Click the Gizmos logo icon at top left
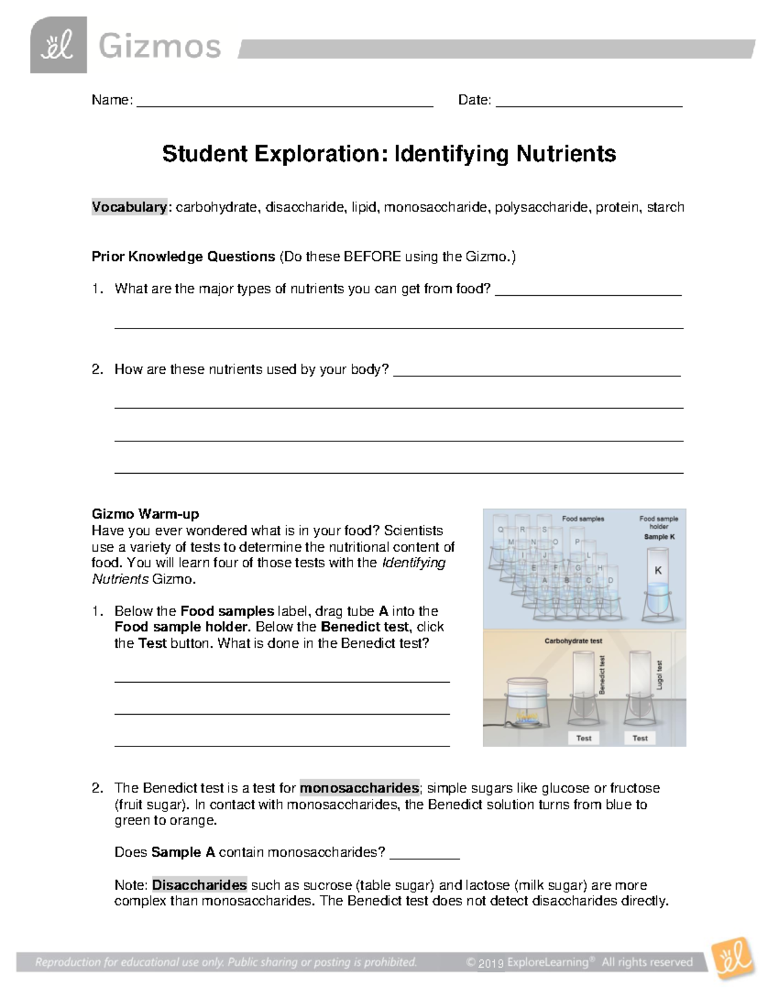[x=58, y=45]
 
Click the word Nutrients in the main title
[x=566, y=154]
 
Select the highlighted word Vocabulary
[x=129, y=207]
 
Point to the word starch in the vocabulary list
[x=665, y=207]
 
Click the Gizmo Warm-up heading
[x=145, y=514]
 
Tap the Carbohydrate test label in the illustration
[x=573, y=641]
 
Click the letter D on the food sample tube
[x=610, y=580]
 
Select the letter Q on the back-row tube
[x=501, y=530]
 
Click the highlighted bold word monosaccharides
[x=359, y=788]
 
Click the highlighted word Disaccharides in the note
[x=199, y=885]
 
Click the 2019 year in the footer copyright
[x=491, y=963]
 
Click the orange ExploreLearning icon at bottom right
[x=732, y=958]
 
